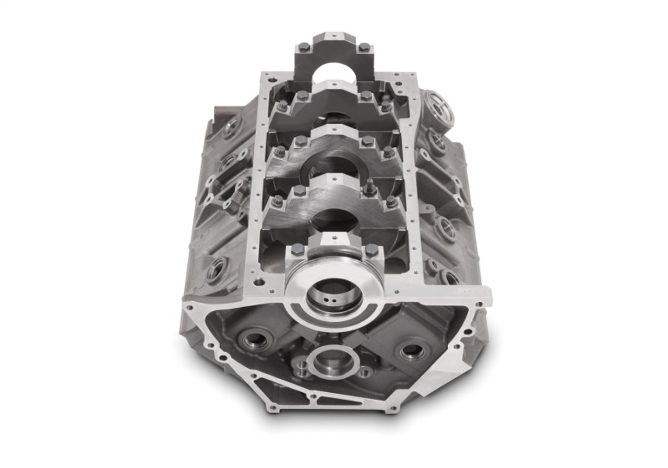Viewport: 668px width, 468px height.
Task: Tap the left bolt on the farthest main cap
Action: tap(304, 48)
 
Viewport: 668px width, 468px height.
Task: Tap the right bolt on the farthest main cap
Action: tap(364, 48)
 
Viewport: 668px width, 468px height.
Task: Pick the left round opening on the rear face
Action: tap(254, 340)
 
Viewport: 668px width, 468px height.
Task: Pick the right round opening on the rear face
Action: tap(412, 349)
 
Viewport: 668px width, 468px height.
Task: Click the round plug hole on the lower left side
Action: tap(216, 271)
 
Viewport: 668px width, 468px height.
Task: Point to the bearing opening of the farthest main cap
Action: tap(335, 73)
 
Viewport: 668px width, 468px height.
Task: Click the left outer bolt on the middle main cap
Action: tap(280, 152)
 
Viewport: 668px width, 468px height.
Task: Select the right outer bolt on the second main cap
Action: tap(386, 107)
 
